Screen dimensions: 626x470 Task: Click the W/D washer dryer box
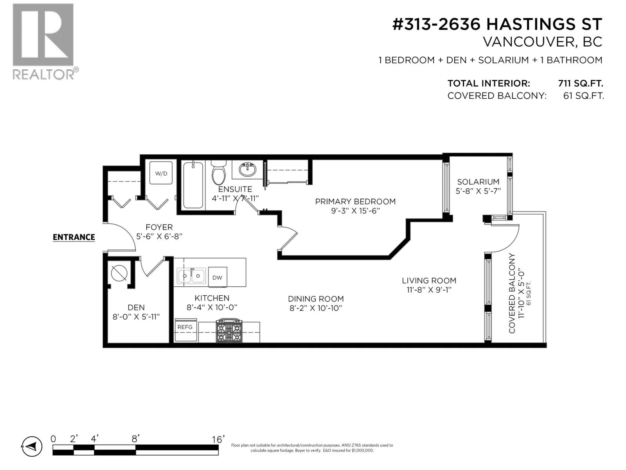coord(161,173)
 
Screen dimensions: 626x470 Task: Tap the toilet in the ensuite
coord(218,172)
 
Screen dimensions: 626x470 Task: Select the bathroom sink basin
coord(247,170)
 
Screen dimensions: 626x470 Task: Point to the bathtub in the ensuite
coord(193,185)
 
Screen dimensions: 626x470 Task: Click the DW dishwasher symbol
coord(218,277)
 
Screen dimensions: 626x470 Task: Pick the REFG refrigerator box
coord(186,330)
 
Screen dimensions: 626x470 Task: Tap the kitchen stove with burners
coord(229,331)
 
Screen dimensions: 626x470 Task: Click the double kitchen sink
coord(191,276)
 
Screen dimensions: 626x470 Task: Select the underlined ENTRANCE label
coord(74,237)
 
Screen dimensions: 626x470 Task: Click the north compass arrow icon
coord(32,446)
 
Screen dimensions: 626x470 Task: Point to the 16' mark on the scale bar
coord(218,439)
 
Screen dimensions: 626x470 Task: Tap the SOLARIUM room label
coord(478,182)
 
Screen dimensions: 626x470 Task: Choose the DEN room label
coord(136,307)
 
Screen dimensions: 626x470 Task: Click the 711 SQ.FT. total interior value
coord(580,83)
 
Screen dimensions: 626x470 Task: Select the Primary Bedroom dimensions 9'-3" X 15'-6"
coord(355,211)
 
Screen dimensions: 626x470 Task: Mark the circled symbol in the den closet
coord(119,273)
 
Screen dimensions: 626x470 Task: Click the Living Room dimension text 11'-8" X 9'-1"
coord(429,290)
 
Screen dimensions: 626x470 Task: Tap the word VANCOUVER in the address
coord(529,42)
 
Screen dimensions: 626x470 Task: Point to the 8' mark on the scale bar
coord(135,439)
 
